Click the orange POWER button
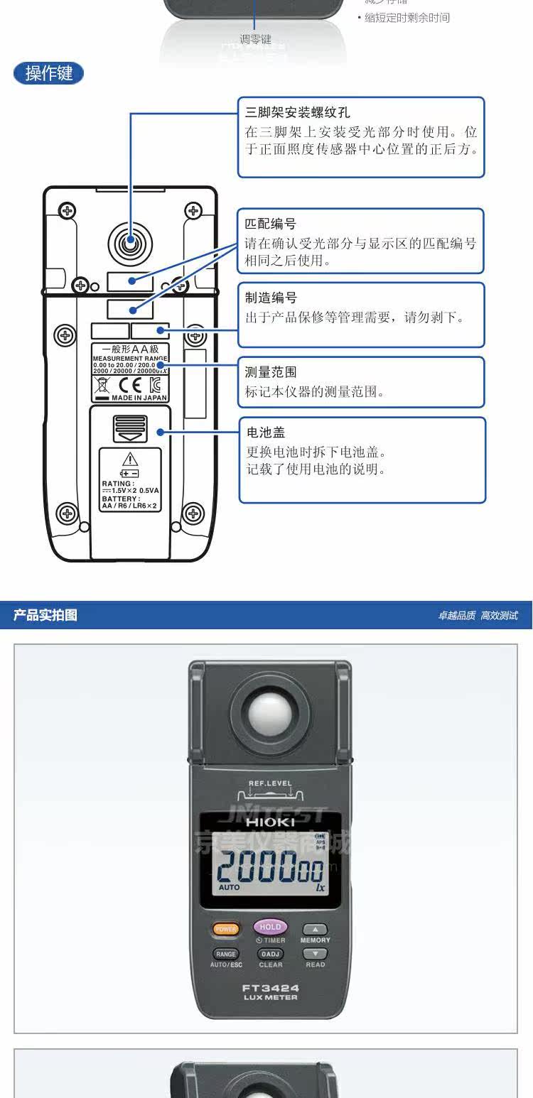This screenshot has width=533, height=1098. (225, 929)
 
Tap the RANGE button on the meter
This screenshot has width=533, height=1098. (225, 954)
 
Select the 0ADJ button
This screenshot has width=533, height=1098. (270, 954)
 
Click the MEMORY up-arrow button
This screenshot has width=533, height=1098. (316, 929)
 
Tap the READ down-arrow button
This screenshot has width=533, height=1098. (316, 954)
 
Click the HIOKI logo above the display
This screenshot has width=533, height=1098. (269, 822)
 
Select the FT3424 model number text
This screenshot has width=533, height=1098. (270, 988)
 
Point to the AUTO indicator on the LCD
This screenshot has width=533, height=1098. (229, 887)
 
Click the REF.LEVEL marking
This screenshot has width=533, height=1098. (269, 783)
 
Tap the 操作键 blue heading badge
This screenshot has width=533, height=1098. (48, 73)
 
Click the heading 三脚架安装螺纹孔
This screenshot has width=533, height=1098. (298, 113)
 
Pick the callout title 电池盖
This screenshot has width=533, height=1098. (266, 433)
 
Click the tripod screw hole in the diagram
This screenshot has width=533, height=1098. (130, 244)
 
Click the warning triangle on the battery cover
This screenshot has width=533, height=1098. (130, 459)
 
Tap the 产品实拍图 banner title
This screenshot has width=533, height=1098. (45, 615)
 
